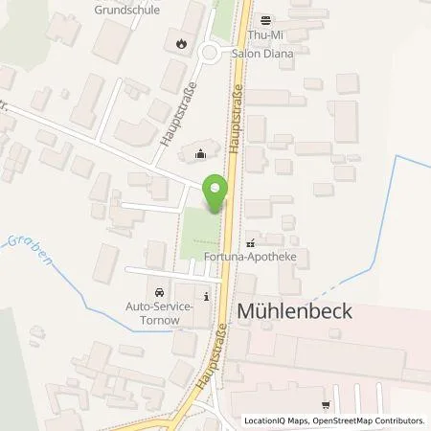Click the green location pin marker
tap(215, 194)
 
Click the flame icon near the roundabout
tap(181, 43)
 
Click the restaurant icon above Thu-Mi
tap(267, 19)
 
